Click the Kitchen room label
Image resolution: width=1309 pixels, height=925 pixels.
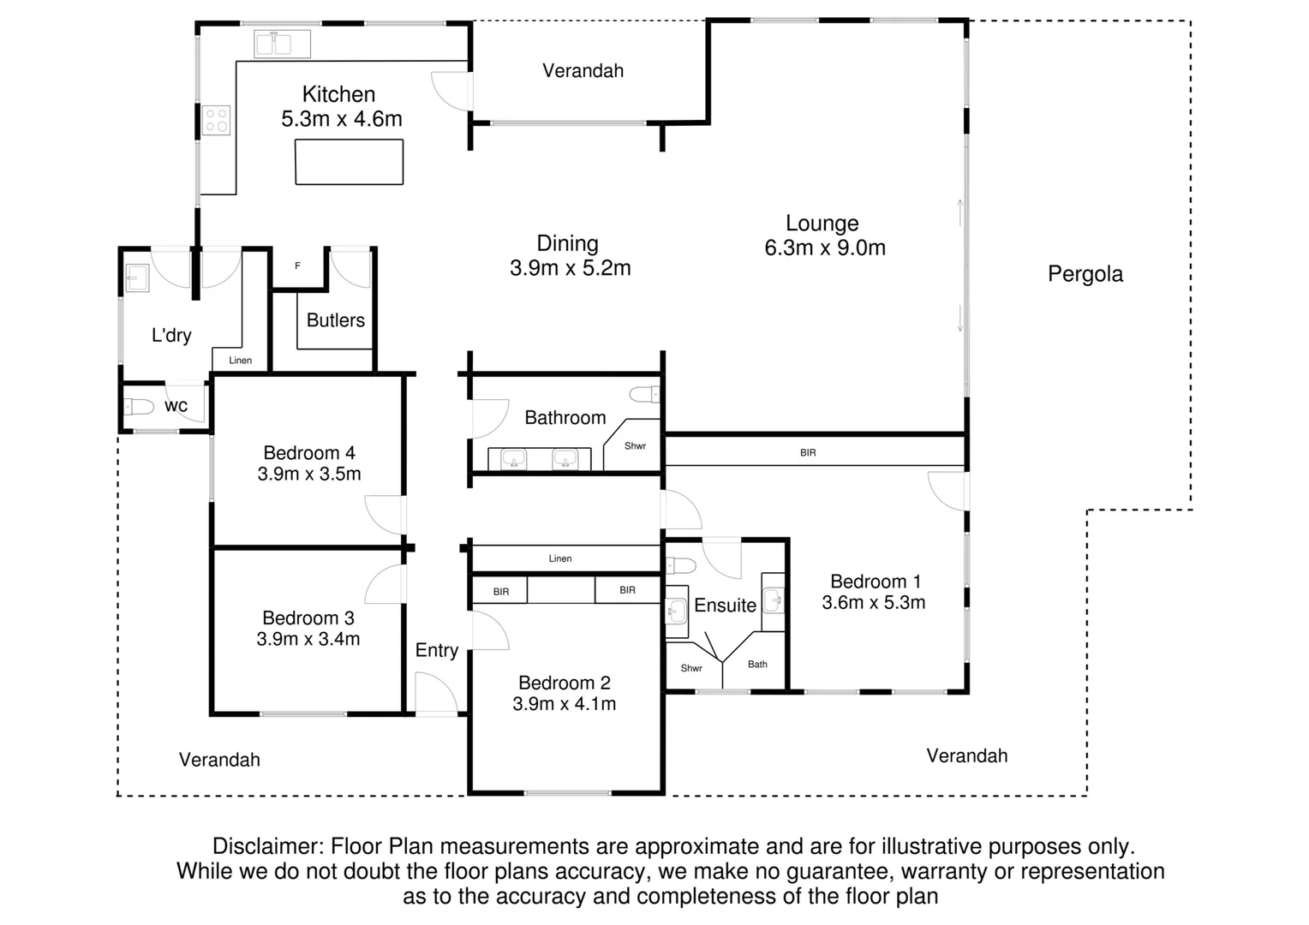[338, 94]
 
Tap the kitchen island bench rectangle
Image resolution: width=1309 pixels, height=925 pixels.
[349, 162]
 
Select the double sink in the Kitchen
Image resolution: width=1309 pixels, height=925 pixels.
[282, 44]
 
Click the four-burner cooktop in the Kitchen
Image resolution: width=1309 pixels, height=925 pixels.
[217, 120]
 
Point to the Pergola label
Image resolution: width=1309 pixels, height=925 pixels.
[1085, 274]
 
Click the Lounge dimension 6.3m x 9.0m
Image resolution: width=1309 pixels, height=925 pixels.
[825, 248]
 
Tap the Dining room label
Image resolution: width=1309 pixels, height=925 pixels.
[567, 243]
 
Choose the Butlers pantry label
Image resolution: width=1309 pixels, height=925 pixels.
[336, 320]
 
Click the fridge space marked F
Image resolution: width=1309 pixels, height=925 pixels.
[297, 266]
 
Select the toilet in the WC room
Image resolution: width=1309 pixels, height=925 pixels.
[139, 407]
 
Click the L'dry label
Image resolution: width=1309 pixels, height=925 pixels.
[171, 336]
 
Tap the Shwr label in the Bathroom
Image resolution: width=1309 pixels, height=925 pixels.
[635, 446]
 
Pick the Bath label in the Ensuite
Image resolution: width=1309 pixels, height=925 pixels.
[757, 664]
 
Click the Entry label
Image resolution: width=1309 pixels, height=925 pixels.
[437, 650]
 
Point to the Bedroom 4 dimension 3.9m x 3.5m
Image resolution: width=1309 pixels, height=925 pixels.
[309, 474]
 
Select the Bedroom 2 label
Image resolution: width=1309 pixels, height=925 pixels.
[565, 683]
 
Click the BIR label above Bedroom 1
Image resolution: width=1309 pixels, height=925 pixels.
[808, 452]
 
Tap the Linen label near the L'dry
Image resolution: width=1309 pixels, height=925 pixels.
[241, 361]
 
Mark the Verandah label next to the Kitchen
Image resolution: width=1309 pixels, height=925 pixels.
[583, 70]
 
